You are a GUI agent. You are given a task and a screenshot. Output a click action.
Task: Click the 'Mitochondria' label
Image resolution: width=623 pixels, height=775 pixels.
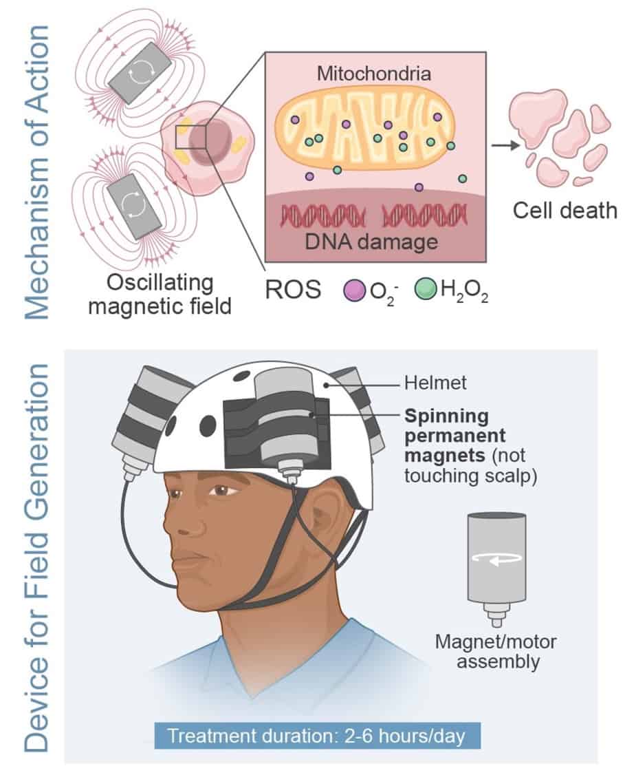click(x=375, y=73)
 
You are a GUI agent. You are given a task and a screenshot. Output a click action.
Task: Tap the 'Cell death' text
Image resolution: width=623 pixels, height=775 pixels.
click(x=565, y=210)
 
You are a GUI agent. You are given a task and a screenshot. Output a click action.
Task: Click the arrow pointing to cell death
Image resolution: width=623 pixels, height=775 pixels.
click(x=506, y=145)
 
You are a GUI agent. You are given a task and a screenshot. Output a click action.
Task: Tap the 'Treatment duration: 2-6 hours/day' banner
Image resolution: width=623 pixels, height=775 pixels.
click(x=316, y=736)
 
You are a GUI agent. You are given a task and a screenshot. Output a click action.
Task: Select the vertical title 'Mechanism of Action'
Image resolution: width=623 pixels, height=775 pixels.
click(x=37, y=172)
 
